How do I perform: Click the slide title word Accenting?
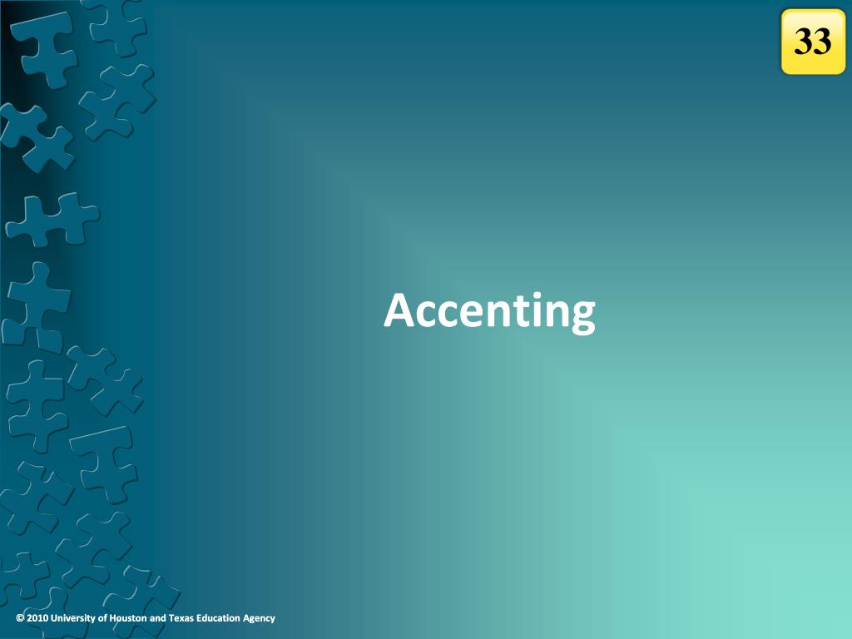tap(489, 311)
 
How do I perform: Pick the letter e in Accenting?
tap(469, 315)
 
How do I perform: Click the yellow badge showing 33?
tap(813, 42)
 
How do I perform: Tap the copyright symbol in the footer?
tap(20, 618)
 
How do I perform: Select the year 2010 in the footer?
tap(37, 618)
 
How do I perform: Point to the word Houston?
tap(128, 618)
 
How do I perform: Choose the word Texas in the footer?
tap(182, 618)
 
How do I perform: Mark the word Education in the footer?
tap(220, 618)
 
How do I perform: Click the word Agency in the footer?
tap(259, 618)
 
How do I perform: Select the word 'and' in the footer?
tap(158, 618)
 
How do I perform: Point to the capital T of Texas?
tap(171, 618)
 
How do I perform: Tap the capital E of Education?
tap(201, 618)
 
